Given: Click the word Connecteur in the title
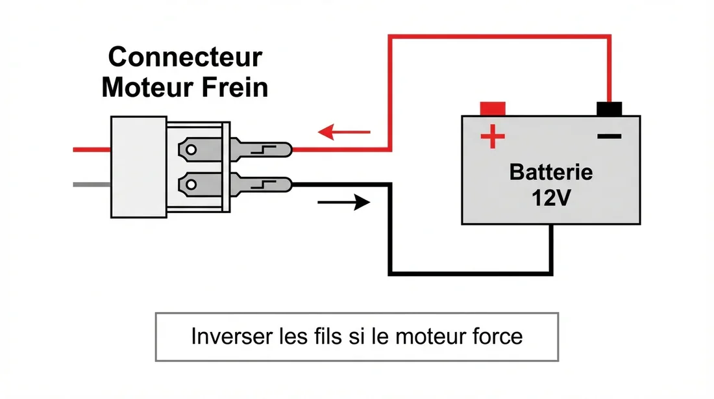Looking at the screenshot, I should coord(185,57).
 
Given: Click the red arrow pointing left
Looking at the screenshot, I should coord(343,133).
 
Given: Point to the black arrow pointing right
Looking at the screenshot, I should coord(343,203).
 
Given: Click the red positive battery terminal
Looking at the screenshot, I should coord(493,108).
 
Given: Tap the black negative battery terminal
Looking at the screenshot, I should coord(609,108).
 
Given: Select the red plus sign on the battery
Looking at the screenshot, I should coord(492,136).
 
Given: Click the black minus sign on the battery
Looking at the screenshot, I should coord(609,136).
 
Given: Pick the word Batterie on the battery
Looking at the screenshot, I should coord(551,172).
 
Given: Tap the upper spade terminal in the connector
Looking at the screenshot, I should coord(234,150).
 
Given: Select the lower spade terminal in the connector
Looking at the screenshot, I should coord(234,186).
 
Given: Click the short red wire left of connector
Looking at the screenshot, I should coord(92,149).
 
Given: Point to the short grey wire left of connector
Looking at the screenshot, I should coord(92,185).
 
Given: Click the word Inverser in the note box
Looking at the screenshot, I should coord(225,337).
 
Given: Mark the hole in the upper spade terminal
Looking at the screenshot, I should coord(191,151).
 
